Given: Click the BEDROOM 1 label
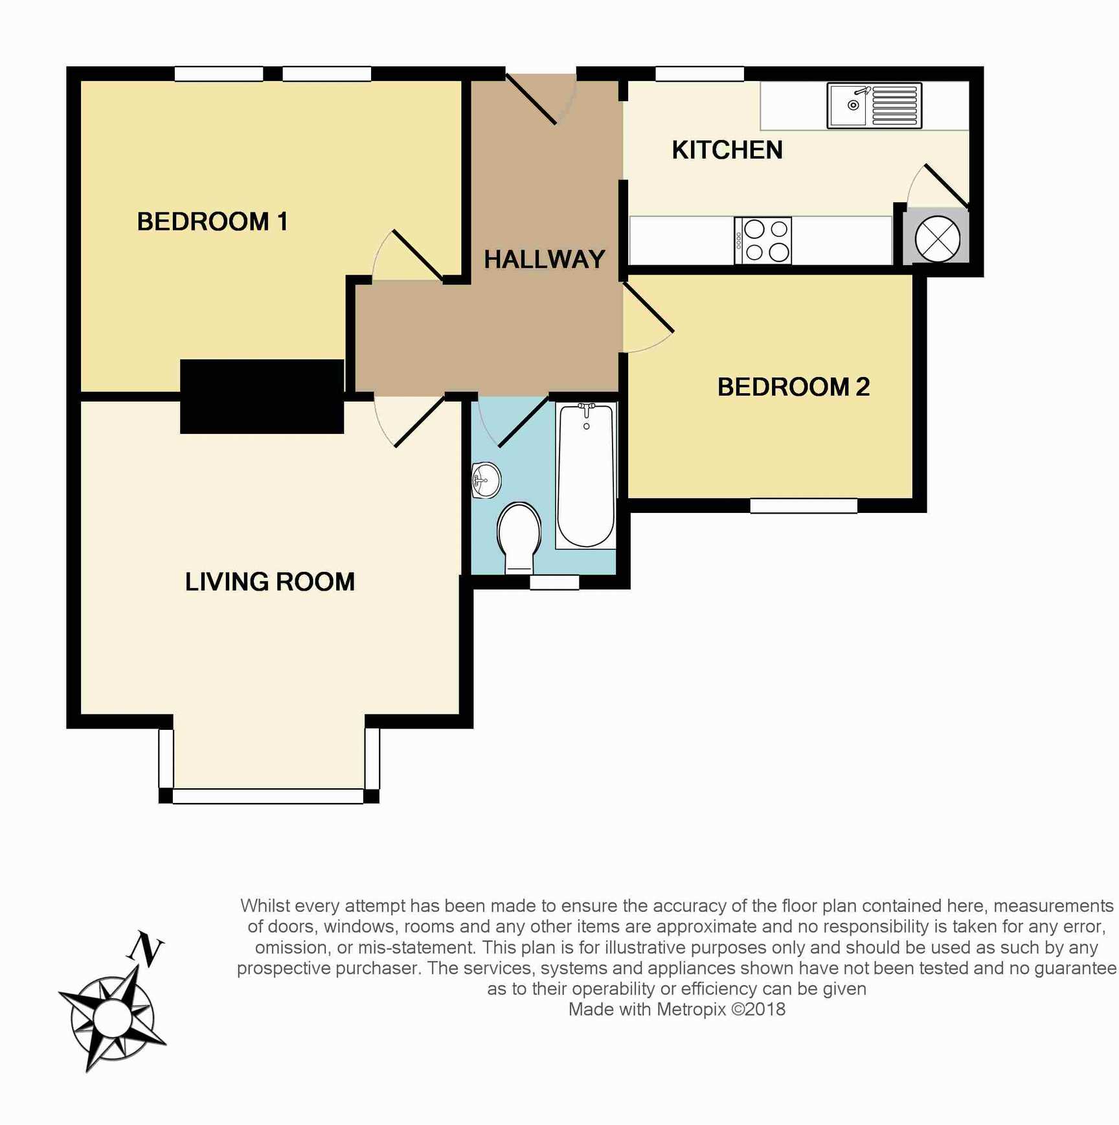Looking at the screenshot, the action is coord(212,222).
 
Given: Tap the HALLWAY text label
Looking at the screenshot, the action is coord(545,260).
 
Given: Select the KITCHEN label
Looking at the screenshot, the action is coord(727,150).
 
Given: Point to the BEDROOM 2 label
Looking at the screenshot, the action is coord(793,387).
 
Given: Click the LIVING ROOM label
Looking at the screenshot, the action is coord(270,582).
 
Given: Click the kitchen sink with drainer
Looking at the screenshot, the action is coord(874,106).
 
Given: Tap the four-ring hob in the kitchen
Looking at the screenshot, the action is coord(763,240).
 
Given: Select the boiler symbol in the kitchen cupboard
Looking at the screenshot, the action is coord(937,239).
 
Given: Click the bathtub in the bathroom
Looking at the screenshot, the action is coord(585,476).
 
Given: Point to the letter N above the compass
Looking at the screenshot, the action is coord(146,949).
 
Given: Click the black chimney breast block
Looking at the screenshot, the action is coord(262,396).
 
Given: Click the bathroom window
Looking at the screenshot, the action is coord(554,582).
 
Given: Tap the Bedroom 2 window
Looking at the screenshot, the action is coord(804,506).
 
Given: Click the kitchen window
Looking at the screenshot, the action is coord(699,74).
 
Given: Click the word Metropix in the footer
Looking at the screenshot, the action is coord(692,1009).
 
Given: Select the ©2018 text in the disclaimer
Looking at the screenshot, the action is coord(758,1009).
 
